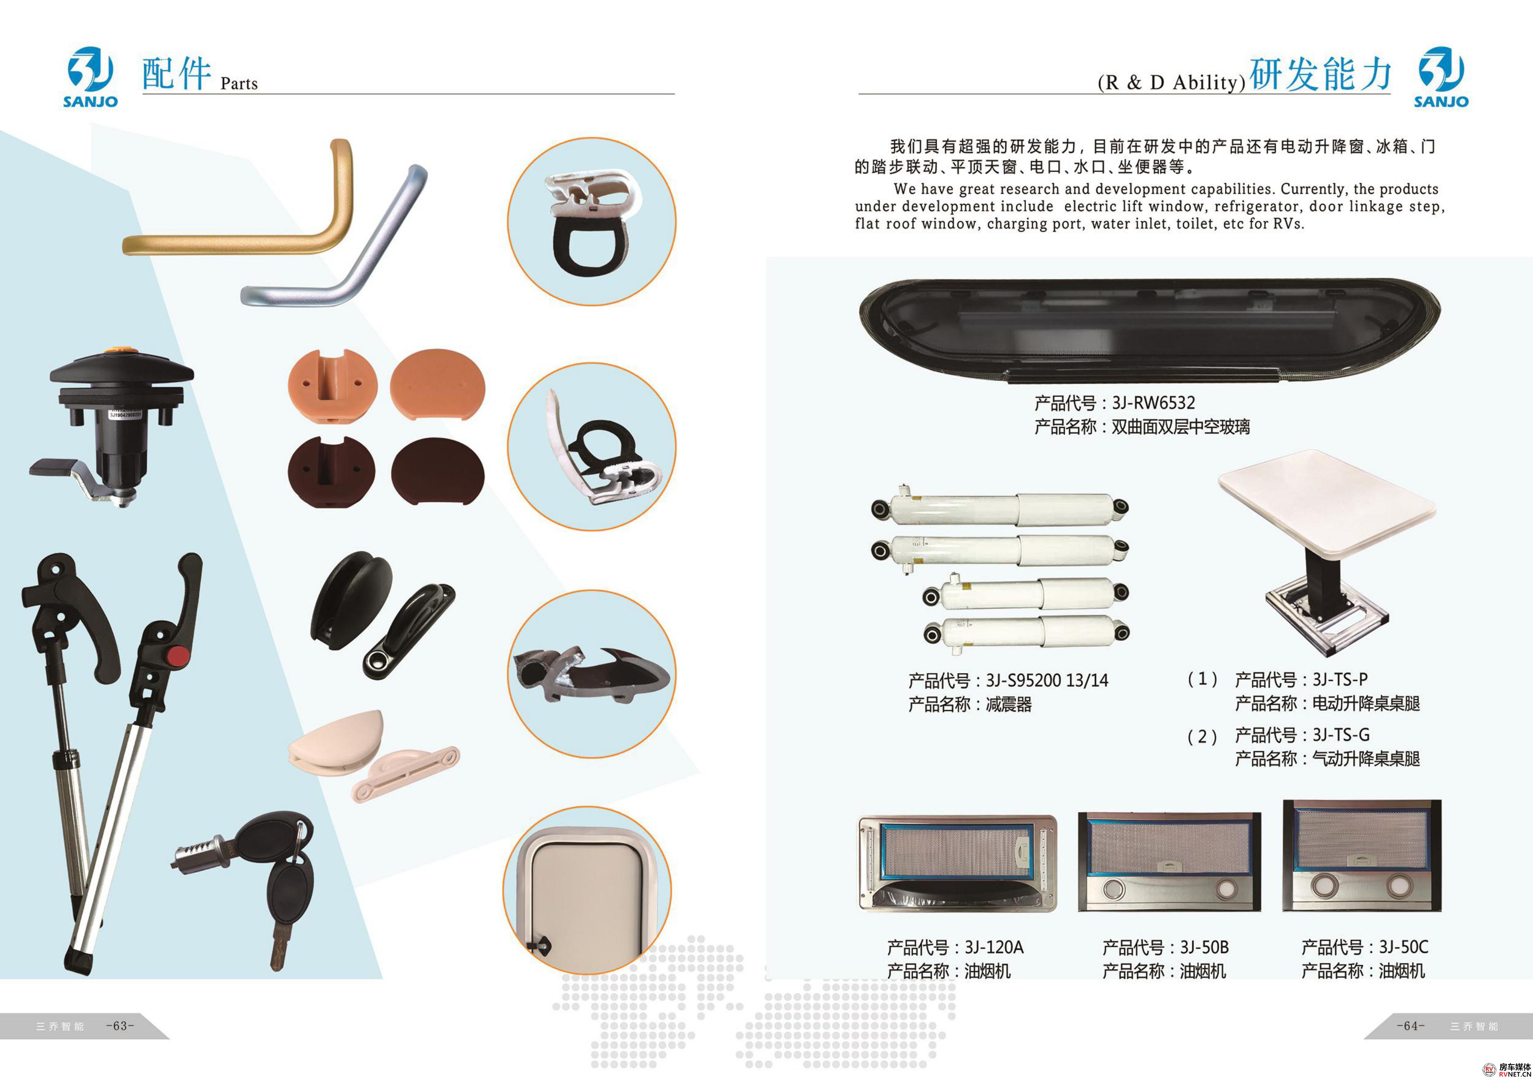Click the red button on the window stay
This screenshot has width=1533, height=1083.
(177, 657)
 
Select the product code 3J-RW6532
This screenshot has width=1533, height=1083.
(1153, 403)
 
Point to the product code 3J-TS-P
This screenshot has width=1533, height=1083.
(1340, 679)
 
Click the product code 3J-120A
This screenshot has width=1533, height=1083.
(993, 948)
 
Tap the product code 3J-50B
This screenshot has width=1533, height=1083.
(1204, 948)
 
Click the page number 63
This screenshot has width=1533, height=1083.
(120, 1026)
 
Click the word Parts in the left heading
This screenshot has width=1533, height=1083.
(239, 83)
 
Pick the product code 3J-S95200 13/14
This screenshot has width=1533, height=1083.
(1047, 681)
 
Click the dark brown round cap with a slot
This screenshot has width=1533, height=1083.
(332, 471)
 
